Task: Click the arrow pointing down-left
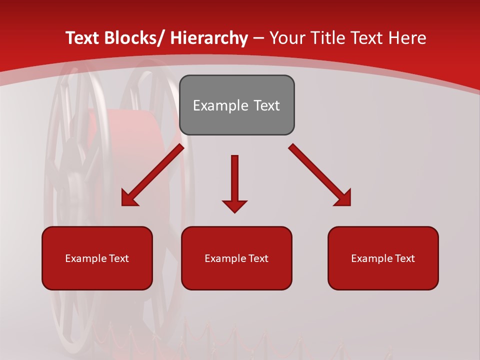tap(152, 175)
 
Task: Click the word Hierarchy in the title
tap(209, 38)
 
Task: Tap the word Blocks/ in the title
tap(133, 38)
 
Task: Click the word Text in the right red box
tap(404, 258)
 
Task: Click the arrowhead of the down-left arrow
tap(128, 199)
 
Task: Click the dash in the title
tap(258, 38)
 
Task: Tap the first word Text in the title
tap(82, 38)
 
